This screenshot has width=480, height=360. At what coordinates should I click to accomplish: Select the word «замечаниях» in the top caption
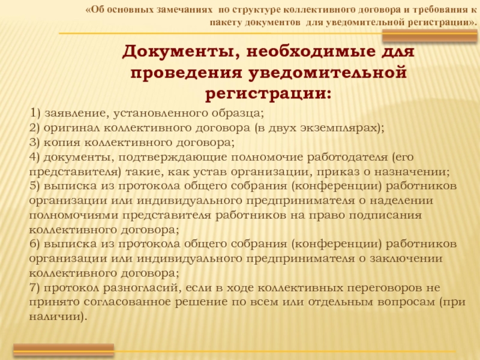click(184, 10)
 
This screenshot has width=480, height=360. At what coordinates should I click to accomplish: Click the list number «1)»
click(35, 113)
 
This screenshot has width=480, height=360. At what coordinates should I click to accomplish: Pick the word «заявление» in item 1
click(77, 113)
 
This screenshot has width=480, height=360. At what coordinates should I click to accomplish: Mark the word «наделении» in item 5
click(401, 201)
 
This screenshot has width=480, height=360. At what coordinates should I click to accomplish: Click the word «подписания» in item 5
click(385, 215)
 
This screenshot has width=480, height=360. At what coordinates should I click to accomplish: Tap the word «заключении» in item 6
click(406, 259)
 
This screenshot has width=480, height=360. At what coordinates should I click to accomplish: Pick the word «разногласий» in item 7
click(141, 289)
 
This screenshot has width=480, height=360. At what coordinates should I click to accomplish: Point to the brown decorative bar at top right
click(430, 36)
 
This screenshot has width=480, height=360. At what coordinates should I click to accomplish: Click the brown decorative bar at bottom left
click(64, 350)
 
